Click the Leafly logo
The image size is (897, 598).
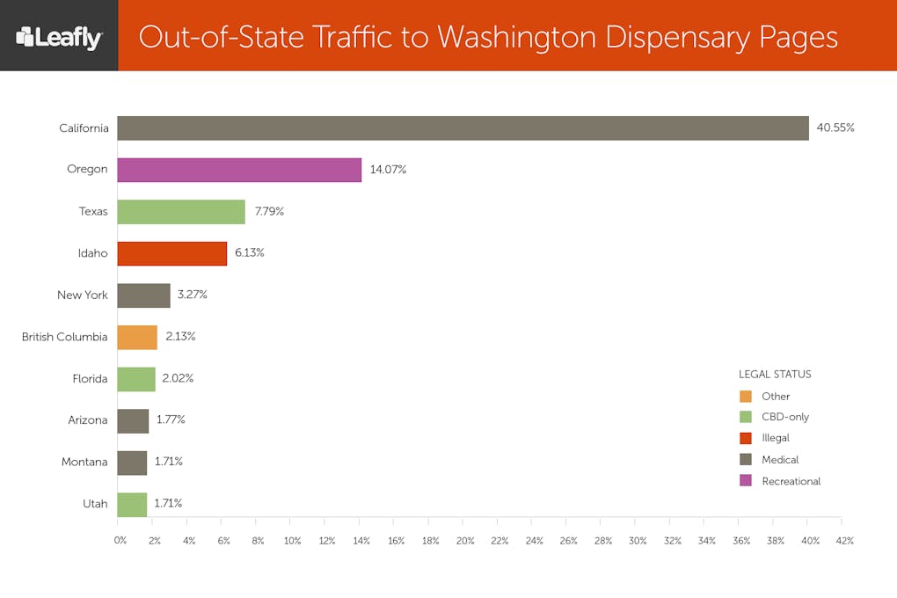59,37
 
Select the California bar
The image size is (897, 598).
463,128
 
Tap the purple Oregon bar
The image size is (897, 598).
239,170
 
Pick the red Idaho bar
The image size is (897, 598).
171,253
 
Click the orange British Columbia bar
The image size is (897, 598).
137,337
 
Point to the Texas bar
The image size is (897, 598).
181,212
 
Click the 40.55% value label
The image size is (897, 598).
835,128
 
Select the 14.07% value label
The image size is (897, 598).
388,170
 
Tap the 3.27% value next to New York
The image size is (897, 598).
192,295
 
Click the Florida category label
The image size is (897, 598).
90,378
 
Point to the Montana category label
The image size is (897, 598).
84,462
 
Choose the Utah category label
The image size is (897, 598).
95,504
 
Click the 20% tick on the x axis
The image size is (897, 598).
465,541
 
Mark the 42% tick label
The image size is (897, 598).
845,541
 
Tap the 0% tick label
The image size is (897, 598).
120,541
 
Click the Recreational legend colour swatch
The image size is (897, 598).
746,480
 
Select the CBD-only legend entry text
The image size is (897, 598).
784,417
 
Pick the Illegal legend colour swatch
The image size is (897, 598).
746,438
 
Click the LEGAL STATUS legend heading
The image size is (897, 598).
775,375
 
